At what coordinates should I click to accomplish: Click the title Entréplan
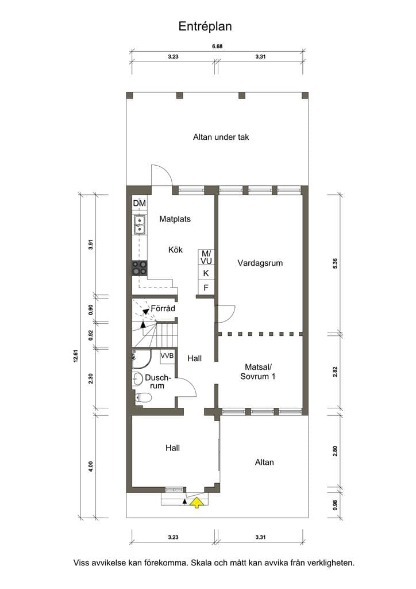click(x=205, y=26)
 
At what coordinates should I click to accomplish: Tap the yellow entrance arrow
click(x=196, y=502)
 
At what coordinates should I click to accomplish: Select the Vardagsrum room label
click(x=260, y=263)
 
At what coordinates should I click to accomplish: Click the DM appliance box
click(x=139, y=204)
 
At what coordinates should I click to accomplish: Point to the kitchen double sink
click(x=140, y=224)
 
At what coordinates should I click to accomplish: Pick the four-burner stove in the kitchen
click(x=140, y=268)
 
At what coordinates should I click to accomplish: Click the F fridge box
click(x=206, y=288)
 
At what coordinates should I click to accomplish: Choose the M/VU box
click(x=206, y=257)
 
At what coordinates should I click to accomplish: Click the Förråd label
click(x=163, y=308)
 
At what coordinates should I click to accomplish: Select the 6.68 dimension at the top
click(x=217, y=47)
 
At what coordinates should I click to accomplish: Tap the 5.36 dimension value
click(x=335, y=263)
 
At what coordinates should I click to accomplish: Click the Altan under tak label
click(x=221, y=137)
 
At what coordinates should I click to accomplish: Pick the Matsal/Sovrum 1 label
click(x=258, y=372)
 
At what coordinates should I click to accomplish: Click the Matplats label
click(x=175, y=219)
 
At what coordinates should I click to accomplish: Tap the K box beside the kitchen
click(x=206, y=273)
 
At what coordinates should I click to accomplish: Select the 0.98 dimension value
click(x=335, y=504)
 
